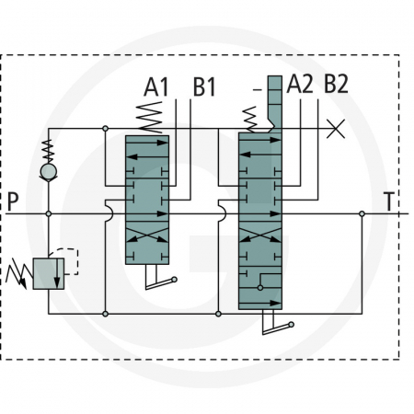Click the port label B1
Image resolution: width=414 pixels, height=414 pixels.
click(x=204, y=88)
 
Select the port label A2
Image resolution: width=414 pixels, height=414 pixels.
click(x=300, y=85)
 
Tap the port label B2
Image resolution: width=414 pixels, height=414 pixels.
click(x=337, y=85)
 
